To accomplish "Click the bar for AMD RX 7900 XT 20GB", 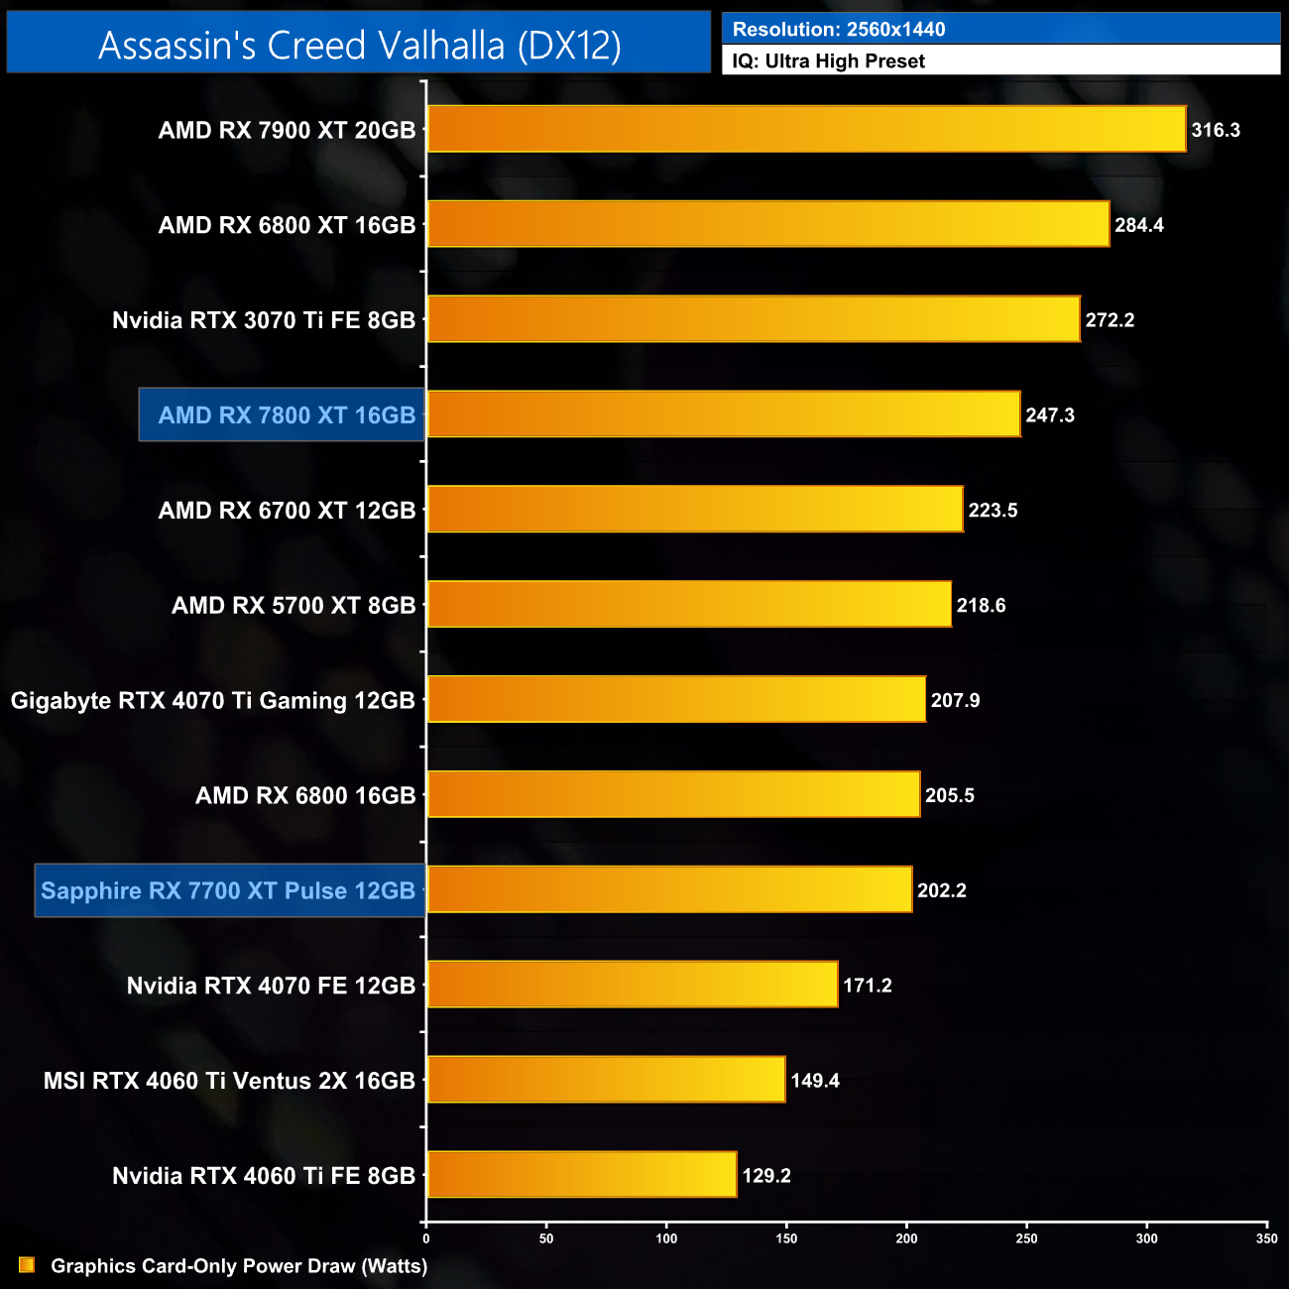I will pos(806,129).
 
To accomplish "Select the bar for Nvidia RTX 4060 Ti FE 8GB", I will pos(582,1175).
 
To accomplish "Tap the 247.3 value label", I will pos(1050,415).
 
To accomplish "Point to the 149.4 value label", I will pos(815,1081).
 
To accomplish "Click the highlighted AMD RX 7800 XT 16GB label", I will pos(287,415).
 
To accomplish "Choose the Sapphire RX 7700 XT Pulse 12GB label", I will pos(228,890).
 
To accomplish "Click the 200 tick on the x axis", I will pos(906,1238).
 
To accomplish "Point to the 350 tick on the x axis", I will pos(1266,1238).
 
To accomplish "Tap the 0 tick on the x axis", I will pos(426,1238).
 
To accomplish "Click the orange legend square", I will pos(27,1265).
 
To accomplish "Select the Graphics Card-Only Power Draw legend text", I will pos(239,1266).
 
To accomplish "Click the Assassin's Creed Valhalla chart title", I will pos(359,45).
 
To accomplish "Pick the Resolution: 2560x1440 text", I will pos(838,30).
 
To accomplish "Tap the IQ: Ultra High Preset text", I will pos(828,61).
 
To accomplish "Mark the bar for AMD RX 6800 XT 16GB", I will pos(768,224).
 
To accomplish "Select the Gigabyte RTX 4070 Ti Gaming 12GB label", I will pos(212,701).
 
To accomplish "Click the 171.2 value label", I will pos(868,986).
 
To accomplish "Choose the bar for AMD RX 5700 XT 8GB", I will pos(689,605).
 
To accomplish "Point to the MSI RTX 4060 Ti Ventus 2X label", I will pos(229,1081).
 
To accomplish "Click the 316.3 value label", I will pos(1216,130).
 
